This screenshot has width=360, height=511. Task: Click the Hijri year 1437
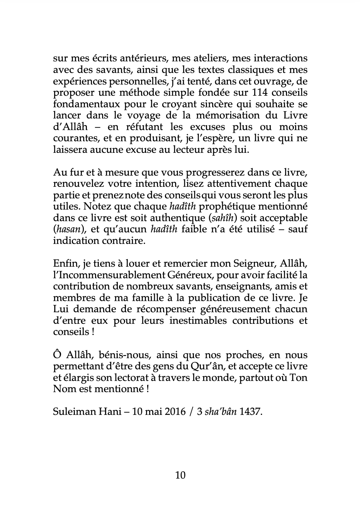coord(251,411)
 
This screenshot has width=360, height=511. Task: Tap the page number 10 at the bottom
coord(180,475)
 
